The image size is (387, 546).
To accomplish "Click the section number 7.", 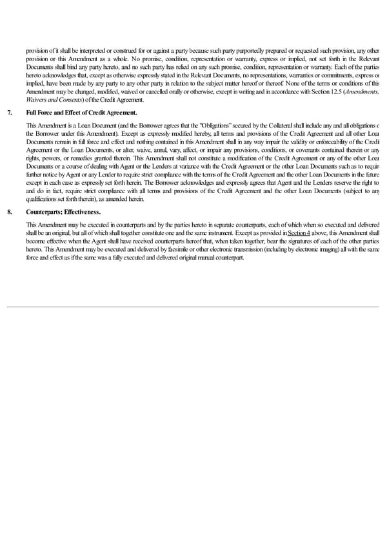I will (x=10, y=113).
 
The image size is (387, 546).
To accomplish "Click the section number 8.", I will (x=10, y=211).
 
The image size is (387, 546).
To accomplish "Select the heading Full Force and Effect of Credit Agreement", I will (x=82, y=113).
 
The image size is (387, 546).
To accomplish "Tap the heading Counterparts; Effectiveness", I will (x=63, y=211).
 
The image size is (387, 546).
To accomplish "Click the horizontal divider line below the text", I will (x=193, y=307).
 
